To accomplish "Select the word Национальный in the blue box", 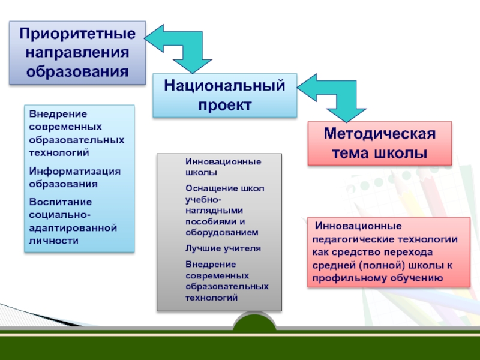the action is pos(224,86).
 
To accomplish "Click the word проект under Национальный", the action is pos(224,105).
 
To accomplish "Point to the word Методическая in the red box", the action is pos(379,134).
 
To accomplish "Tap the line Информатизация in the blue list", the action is pos(75,171).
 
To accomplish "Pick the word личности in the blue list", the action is pos(54,240).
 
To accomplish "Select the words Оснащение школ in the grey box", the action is pos(224,188).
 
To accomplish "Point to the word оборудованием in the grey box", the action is pos(222,232).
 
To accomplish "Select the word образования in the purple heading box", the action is pos(77,71).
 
